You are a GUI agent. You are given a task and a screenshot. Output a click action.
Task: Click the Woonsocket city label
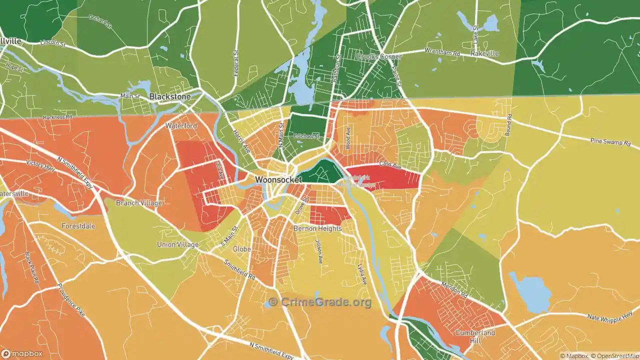point(278,179)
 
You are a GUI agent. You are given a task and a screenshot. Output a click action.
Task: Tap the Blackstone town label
point(170,96)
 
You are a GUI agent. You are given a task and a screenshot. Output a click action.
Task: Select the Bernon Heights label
point(317,228)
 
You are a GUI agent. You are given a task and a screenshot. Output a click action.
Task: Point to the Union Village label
point(177,244)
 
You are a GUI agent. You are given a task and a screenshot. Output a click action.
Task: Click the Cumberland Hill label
point(475,336)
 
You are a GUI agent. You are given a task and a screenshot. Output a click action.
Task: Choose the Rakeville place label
point(484,53)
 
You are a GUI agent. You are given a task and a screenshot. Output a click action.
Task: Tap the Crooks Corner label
point(378,57)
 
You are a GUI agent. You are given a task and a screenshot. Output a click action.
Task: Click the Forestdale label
point(77,226)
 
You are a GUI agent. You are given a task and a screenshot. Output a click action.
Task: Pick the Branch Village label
point(139,203)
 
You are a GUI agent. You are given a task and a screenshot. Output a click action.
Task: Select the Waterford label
point(181,126)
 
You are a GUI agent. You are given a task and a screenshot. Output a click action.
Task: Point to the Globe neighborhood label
point(241,249)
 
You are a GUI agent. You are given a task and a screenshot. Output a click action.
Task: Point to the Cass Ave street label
point(390,164)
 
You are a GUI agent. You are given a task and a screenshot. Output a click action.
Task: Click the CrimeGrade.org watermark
point(320,302)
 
